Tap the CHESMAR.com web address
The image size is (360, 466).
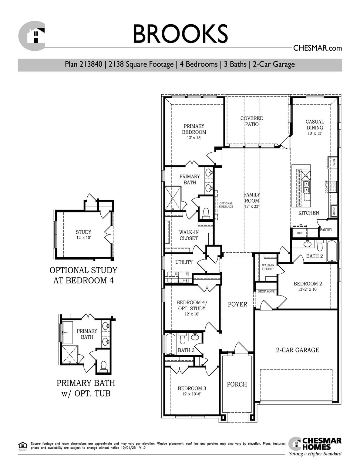pyautogui.click(x=317, y=48)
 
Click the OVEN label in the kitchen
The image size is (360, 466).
pyautogui.click(x=334, y=163)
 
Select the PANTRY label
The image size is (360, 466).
pyautogui.click(x=326, y=230)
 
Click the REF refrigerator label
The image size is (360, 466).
pyautogui.click(x=300, y=233)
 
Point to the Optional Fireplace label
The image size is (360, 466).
pyautogui.click(x=226, y=205)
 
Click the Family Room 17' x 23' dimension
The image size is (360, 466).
pyautogui.click(x=252, y=206)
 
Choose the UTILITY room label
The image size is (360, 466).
pyautogui.click(x=184, y=262)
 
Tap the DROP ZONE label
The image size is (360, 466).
pyautogui.click(x=266, y=291)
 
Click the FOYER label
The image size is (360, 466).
pyautogui.click(x=237, y=304)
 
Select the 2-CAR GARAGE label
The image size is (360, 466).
pyautogui.click(x=298, y=350)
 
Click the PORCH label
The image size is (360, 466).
pyautogui.click(x=237, y=384)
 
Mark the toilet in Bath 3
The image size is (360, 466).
pyautogui.click(x=182, y=338)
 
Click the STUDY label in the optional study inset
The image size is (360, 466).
pyautogui.click(x=83, y=232)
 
